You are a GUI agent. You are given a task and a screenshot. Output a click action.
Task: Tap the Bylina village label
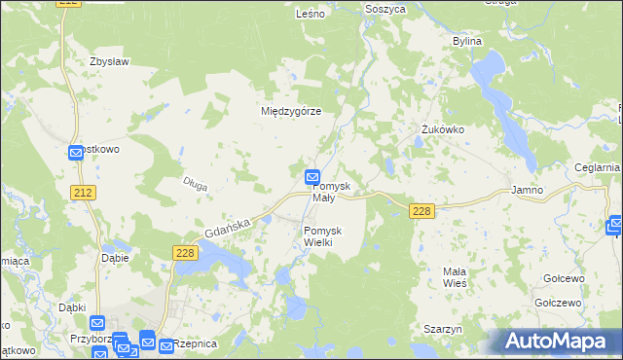468,42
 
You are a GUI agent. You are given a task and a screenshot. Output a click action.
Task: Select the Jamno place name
527,190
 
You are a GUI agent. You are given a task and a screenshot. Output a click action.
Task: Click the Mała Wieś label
455,276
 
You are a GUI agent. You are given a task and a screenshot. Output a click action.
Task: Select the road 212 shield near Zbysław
83,193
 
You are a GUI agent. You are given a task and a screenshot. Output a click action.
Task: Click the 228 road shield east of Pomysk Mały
421,210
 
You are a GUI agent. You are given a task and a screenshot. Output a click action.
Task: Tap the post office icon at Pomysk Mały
311,177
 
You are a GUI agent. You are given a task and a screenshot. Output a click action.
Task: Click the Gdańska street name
229,228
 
